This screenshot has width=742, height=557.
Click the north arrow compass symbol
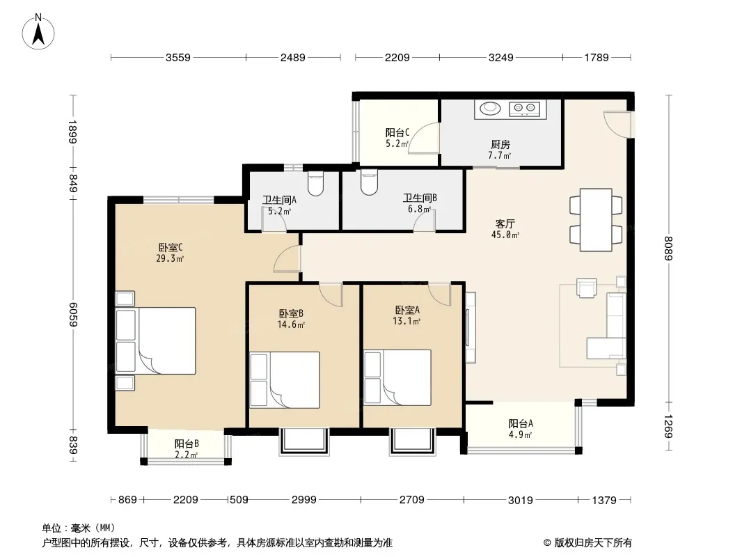click(38, 32)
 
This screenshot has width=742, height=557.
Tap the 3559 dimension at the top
click(178, 58)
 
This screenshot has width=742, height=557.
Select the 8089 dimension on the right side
click(668, 248)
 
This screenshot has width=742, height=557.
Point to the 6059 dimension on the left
click(72, 314)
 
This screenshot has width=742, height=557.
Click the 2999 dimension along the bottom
click(303, 500)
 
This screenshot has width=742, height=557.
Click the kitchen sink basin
click(490, 109)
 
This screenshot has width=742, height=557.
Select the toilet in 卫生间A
click(315, 184)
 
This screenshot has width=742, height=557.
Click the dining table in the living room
click(596, 219)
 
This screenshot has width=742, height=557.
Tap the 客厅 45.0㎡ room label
click(505, 229)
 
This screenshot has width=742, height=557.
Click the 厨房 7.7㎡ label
click(500, 150)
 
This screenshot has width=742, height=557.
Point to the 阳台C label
click(397, 132)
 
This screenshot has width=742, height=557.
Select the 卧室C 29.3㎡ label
click(170, 253)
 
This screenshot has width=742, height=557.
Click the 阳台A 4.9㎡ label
click(521, 429)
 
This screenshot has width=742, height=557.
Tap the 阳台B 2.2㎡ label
click(187, 449)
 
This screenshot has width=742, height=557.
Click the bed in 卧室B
click(285, 380)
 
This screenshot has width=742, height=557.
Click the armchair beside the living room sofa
click(586, 288)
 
